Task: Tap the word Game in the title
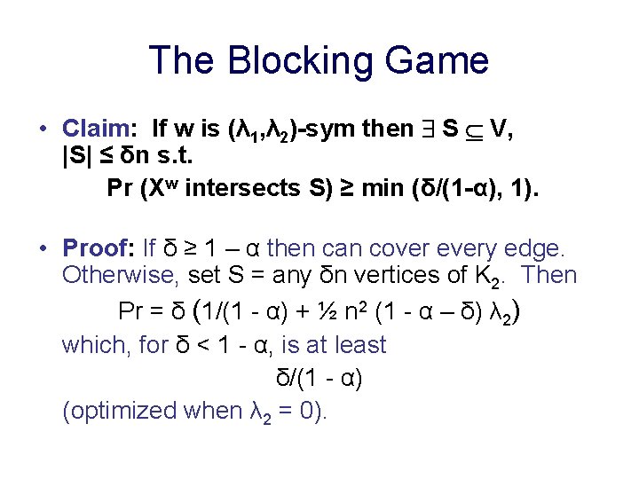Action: tap(440, 60)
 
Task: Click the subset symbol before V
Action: tap(475, 130)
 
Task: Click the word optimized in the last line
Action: tap(120, 411)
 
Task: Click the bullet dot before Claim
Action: tap(43, 130)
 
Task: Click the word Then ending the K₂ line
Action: tap(549, 275)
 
